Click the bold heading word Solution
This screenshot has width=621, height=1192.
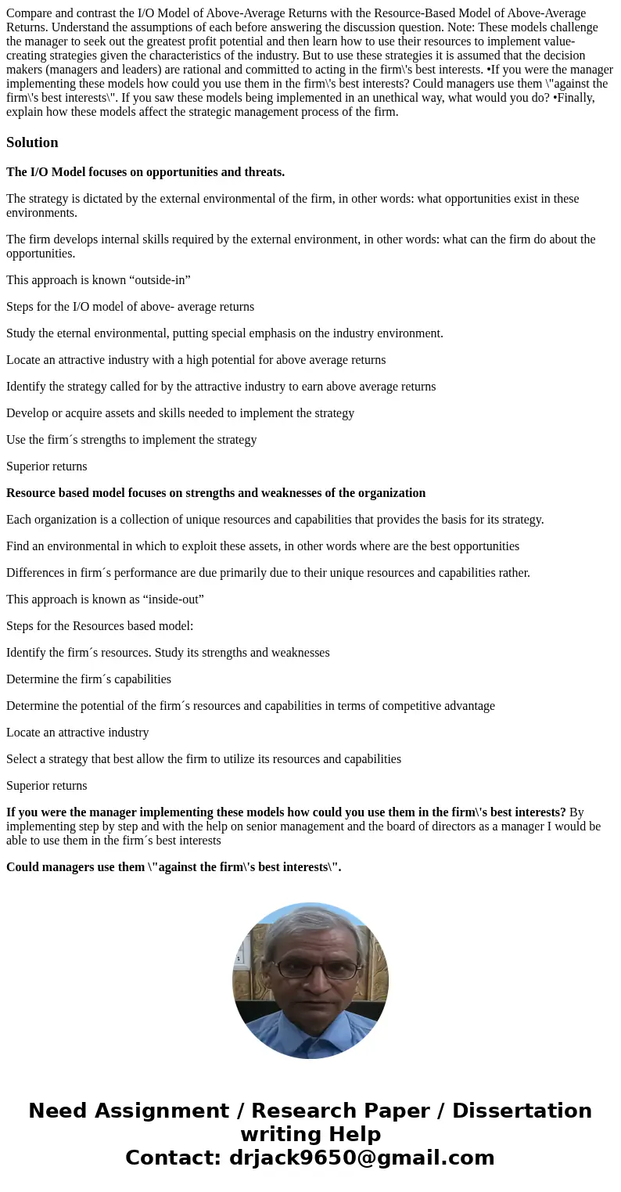32,142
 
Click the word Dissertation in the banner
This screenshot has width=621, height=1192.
522,1111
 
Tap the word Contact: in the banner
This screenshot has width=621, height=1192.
173,1158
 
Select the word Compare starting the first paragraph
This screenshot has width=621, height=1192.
29,13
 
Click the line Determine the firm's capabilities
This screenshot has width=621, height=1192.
88,679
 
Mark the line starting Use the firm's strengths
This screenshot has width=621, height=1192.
131,440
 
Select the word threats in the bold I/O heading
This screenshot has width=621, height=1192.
264,172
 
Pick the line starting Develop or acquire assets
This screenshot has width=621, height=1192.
180,413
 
